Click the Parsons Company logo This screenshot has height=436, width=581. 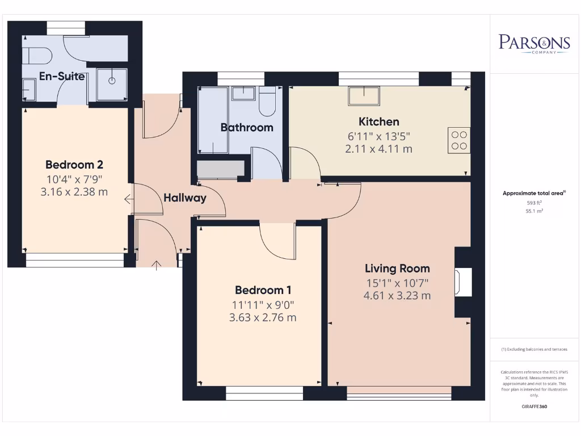point(534,43)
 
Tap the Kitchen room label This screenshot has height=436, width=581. point(378,121)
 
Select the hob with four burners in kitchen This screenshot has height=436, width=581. point(460,140)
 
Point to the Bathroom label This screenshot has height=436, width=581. point(247,128)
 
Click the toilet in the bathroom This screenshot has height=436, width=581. point(267,102)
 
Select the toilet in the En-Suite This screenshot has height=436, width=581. point(37,56)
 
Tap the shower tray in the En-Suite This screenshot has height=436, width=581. point(112,85)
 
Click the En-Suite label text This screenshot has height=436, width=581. point(62,76)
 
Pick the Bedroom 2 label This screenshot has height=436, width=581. point(74,165)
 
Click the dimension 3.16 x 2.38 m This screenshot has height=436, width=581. point(74,192)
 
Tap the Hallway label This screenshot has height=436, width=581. point(185,198)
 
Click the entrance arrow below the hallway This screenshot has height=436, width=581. point(157,264)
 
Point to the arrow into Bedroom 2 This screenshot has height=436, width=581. point(129,199)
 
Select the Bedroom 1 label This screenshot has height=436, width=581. point(262,290)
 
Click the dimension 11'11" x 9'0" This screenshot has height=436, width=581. point(262,304)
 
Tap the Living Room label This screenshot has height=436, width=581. point(397,269)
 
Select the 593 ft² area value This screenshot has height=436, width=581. point(534,202)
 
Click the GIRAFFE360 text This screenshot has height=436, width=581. point(534,406)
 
